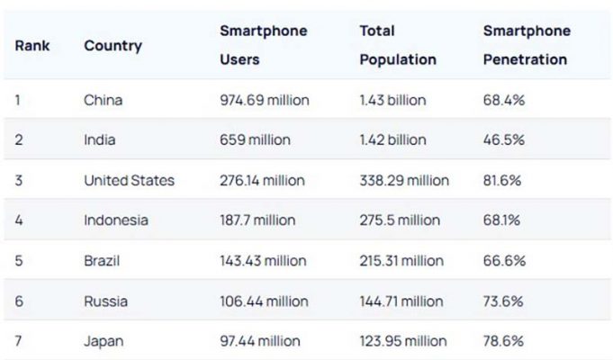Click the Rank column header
(x=32, y=45)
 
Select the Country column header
(x=113, y=45)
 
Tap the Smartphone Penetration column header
(x=526, y=45)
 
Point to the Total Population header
(x=398, y=45)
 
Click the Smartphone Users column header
(x=263, y=45)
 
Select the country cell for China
(x=104, y=100)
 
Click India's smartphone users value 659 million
(x=255, y=139)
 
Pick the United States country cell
(x=129, y=180)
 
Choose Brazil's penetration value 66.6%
(x=504, y=261)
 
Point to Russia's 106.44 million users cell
(x=264, y=301)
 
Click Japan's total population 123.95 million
(x=402, y=341)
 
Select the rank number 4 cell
(x=19, y=220)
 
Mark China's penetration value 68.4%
(x=504, y=100)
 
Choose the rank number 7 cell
(x=19, y=341)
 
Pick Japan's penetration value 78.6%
(x=504, y=341)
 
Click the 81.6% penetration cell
(x=503, y=180)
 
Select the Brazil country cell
(x=102, y=261)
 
